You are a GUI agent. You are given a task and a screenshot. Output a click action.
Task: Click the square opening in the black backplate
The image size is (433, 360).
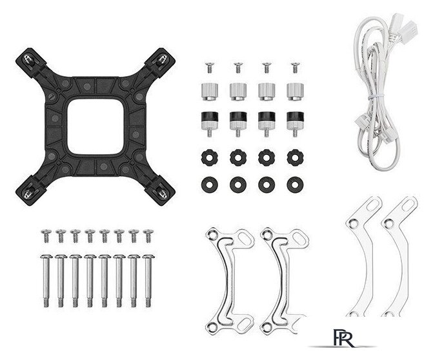[96, 126]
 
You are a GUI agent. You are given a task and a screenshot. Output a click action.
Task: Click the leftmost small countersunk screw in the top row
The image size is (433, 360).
[210, 68]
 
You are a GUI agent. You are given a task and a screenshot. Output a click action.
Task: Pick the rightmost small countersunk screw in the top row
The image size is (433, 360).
[295, 68]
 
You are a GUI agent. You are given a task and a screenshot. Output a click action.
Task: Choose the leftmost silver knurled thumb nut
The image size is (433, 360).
[210, 92]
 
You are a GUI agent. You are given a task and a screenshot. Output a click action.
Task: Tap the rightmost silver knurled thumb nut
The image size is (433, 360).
[295, 92]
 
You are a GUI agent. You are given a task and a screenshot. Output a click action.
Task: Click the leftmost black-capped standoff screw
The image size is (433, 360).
[210, 124]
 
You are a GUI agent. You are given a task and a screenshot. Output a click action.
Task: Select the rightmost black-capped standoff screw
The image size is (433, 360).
[295, 124]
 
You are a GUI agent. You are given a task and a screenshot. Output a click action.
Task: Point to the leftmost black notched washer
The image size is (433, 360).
[210, 157]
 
